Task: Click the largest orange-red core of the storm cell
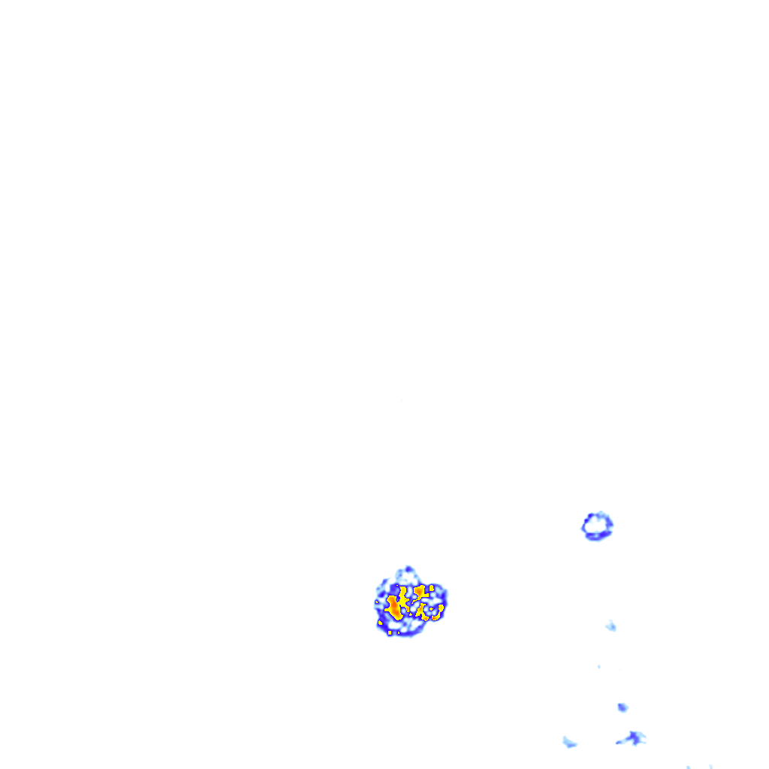394,608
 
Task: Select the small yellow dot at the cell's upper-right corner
432,588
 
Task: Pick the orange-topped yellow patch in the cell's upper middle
420,590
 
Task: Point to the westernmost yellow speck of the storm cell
376,602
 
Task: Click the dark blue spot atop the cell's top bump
409,569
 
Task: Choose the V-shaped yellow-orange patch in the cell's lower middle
421,611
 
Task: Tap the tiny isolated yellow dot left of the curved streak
431,609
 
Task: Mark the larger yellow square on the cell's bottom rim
390,632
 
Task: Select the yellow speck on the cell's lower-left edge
380,623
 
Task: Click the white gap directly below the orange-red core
394,625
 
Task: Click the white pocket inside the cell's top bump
406,576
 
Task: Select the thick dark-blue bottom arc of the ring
598,535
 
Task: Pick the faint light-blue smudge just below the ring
611,626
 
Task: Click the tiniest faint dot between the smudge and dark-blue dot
599,666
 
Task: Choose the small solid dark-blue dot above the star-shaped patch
622,707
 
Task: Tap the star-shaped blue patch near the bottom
634,738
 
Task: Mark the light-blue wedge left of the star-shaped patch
569,742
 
